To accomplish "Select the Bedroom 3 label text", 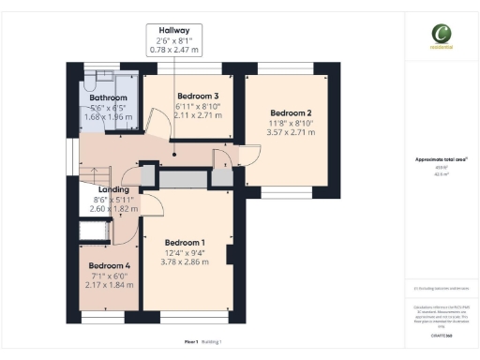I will [x=198, y=97].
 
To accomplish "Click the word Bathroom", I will [x=108, y=97].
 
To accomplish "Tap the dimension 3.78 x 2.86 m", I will [x=184, y=262].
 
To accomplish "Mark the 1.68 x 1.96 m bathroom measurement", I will [x=108, y=118].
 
